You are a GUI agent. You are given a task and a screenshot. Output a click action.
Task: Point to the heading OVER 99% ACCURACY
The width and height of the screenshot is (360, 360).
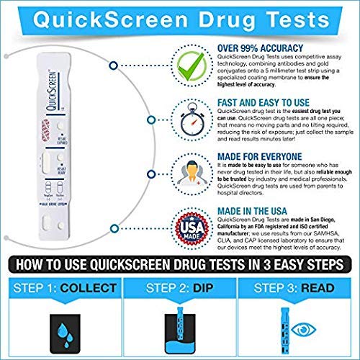pyautogui.click(x=255, y=48)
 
